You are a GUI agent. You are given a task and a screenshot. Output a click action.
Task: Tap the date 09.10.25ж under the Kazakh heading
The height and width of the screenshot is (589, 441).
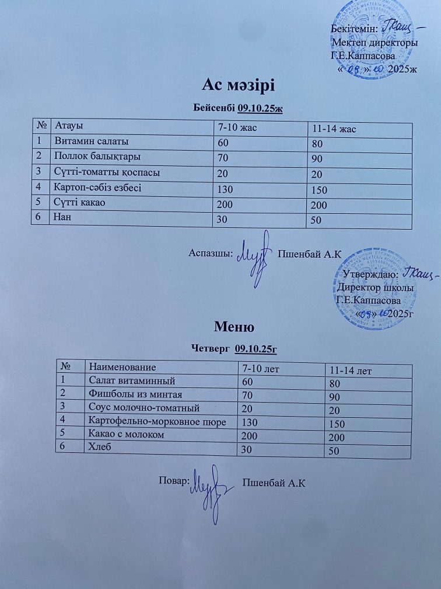click(x=260, y=108)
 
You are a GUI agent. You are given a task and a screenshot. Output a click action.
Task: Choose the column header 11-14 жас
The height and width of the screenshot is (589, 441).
click(x=335, y=129)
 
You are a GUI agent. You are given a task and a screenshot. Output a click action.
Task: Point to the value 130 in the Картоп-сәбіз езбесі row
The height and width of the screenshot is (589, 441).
click(x=224, y=189)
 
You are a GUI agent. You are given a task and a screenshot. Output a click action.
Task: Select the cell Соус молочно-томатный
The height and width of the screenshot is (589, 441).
click(x=143, y=407)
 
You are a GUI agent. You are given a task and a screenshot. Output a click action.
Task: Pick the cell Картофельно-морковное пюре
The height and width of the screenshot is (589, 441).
click(x=155, y=421)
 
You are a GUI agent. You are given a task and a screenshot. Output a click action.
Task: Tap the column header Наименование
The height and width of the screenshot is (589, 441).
click(x=123, y=367)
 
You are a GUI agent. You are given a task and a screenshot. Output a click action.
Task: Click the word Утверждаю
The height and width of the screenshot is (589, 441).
click(x=370, y=273)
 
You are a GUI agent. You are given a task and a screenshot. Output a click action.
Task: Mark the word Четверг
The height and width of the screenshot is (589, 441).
click(x=211, y=349)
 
